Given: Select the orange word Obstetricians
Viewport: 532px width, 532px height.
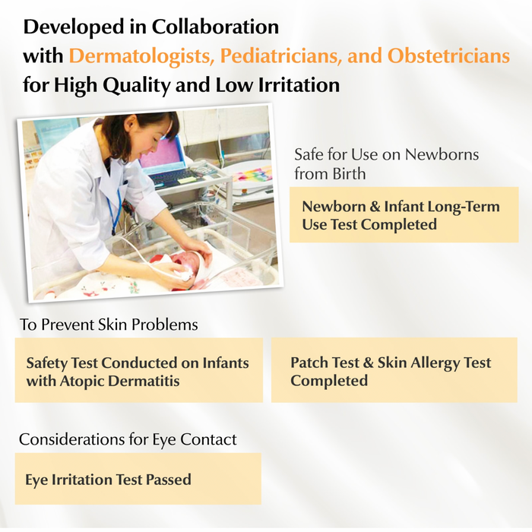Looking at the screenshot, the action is point(448,55).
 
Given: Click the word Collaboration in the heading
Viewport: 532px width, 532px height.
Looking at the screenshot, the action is point(215,27).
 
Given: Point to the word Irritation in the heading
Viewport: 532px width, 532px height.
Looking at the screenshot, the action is point(299,84).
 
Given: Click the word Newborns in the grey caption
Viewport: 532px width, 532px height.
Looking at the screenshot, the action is point(442,154).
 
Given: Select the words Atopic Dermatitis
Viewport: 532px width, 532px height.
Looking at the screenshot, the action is point(120,381).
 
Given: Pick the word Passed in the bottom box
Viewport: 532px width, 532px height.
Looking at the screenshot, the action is point(168,480).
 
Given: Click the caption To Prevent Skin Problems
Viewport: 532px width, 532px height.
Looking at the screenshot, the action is point(109,325).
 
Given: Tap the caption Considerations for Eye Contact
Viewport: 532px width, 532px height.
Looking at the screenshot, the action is point(128,439).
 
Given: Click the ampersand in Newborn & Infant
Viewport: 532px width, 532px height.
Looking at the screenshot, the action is point(375,207).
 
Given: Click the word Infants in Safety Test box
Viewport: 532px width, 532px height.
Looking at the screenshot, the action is point(226,363).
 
